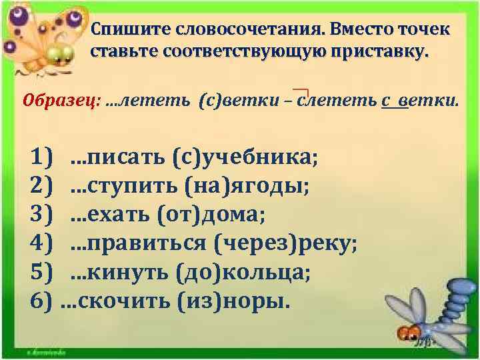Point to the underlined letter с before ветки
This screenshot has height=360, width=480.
386,102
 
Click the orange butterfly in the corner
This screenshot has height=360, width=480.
40,37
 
